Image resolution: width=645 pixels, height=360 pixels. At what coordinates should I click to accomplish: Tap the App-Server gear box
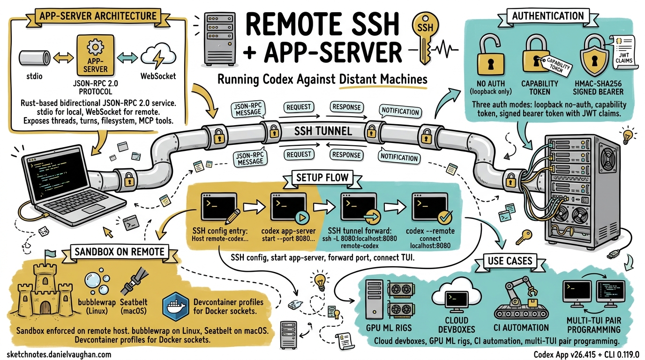(95, 58)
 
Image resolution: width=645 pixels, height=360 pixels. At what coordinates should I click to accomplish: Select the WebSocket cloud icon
(157, 56)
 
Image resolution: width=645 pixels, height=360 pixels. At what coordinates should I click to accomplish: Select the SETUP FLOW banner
(322, 177)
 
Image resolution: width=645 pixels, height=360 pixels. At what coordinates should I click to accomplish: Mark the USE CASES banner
(510, 260)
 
